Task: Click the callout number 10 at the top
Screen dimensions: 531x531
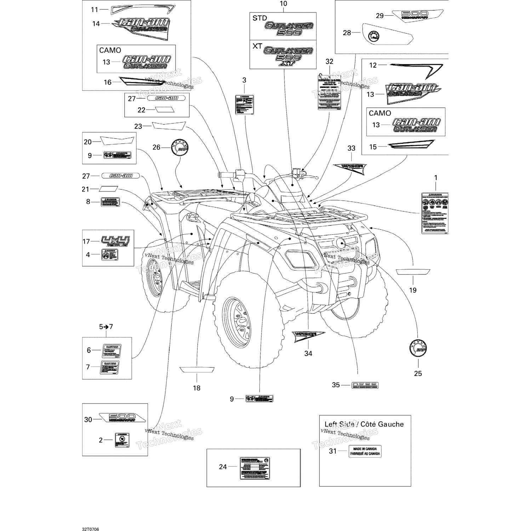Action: [x=283, y=4]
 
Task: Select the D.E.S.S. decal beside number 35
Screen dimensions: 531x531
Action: [x=365, y=385]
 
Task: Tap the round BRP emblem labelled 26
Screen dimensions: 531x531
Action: [x=179, y=147]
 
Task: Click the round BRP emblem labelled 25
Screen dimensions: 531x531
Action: [x=418, y=348]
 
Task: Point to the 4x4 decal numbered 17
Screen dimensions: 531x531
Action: [x=115, y=241]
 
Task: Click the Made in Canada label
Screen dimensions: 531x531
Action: [x=365, y=451]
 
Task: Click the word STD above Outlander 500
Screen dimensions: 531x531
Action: [x=259, y=18]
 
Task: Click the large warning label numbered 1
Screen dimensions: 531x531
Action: [x=435, y=213]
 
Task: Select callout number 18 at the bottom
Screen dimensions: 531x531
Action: [x=196, y=388]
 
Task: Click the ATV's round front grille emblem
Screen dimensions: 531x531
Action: [x=342, y=243]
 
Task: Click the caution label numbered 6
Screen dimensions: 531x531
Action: [x=111, y=350]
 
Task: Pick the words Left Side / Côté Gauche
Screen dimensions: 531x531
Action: [x=364, y=424]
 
